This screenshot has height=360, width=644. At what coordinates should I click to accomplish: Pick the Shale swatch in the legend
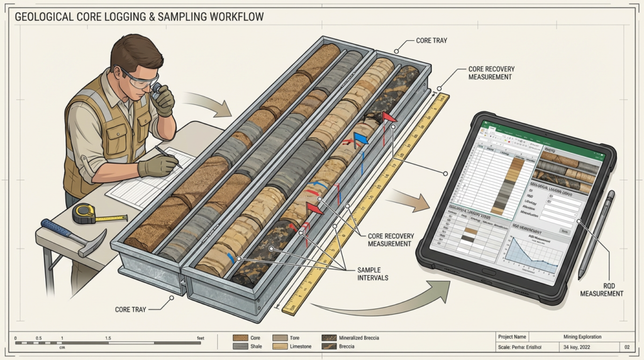(x=240, y=346)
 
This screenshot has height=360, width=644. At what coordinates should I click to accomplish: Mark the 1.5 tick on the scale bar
(x=108, y=339)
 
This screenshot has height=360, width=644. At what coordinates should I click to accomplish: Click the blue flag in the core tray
(x=360, y=137)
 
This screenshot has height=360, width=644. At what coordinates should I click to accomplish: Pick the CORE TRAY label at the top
(x=432, y=40)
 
